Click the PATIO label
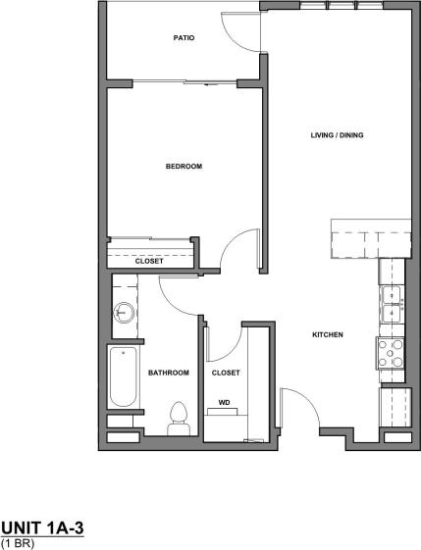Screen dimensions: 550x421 [184, 39]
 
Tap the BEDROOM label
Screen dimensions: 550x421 [184, 167]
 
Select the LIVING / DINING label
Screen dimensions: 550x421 [338, 135]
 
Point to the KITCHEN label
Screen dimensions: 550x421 [327, 335]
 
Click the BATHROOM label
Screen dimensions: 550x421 [169, 373]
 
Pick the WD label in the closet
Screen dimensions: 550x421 [224, 402]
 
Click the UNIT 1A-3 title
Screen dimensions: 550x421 [42, 528]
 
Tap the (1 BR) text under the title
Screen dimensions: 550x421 [17, 542]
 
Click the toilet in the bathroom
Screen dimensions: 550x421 [179, 419]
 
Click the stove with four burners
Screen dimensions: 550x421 [391, 353]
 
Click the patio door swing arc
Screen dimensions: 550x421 [238, 29]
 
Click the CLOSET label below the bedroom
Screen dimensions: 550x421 [149, 261]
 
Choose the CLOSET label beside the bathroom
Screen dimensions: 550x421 [226, 373]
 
